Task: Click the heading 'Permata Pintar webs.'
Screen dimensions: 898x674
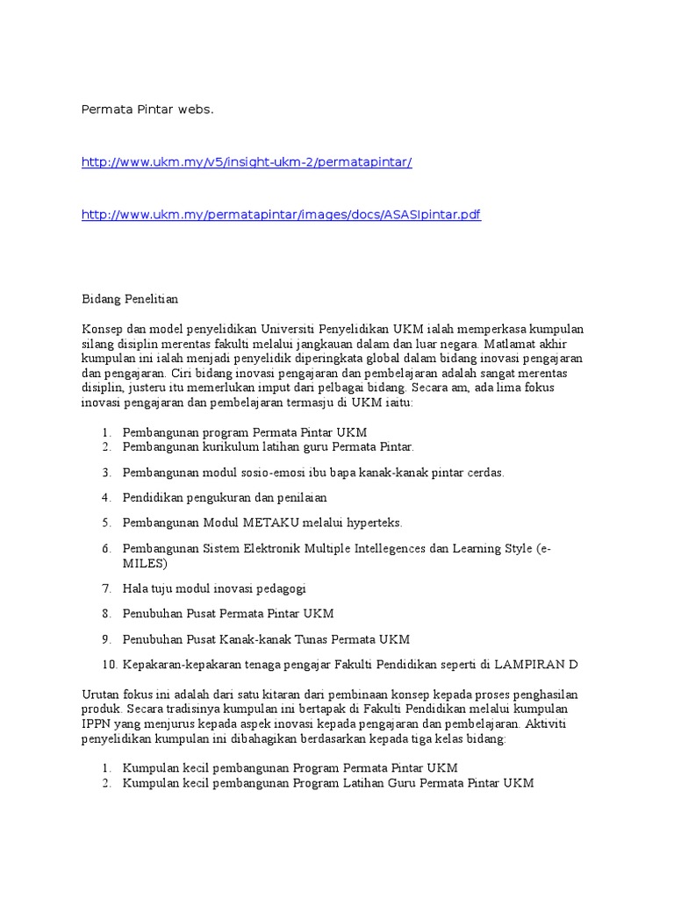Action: [x=147, y=110]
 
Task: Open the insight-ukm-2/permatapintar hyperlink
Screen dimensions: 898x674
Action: [x=247, y=162]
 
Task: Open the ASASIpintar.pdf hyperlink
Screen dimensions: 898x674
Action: [x=281, y=215]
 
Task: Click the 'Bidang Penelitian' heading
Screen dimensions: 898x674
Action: [x=130, y=299]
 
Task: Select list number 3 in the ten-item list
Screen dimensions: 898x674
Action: [x=106, y=473]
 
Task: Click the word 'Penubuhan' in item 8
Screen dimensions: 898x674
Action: [x=151, y=614]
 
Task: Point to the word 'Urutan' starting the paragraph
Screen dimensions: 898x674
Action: [x=100, y=695]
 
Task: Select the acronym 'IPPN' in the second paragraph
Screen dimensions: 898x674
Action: [x=97, y=724]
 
